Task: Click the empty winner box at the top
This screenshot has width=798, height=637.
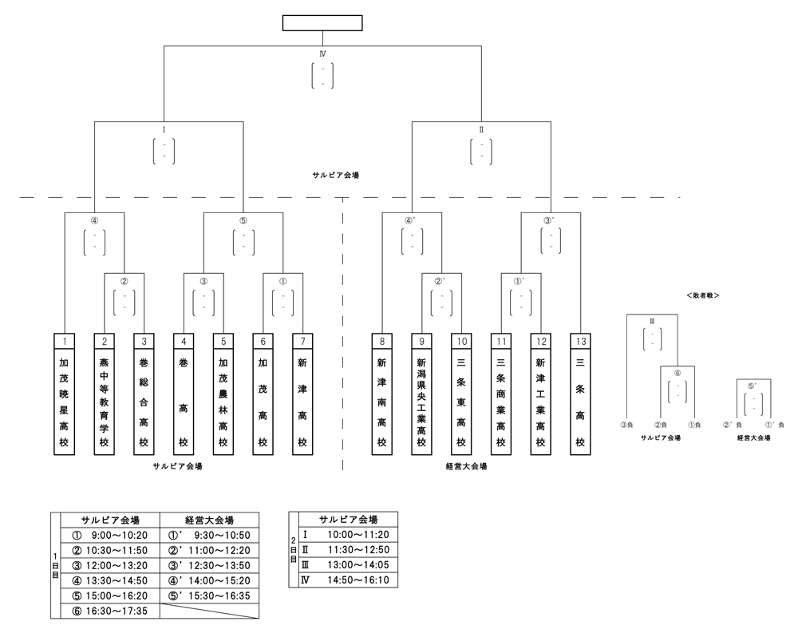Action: click(322, 23)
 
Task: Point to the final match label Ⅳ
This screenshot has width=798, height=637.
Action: click(322, 53)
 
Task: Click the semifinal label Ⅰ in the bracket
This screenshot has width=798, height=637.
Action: click(164, 128)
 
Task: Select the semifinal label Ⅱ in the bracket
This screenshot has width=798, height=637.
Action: click(481, 128)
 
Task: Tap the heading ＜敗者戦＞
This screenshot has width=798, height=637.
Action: click(703, 295)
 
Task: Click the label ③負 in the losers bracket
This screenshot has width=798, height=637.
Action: click(627, 425)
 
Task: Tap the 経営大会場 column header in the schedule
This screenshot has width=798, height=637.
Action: click(211, 519)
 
